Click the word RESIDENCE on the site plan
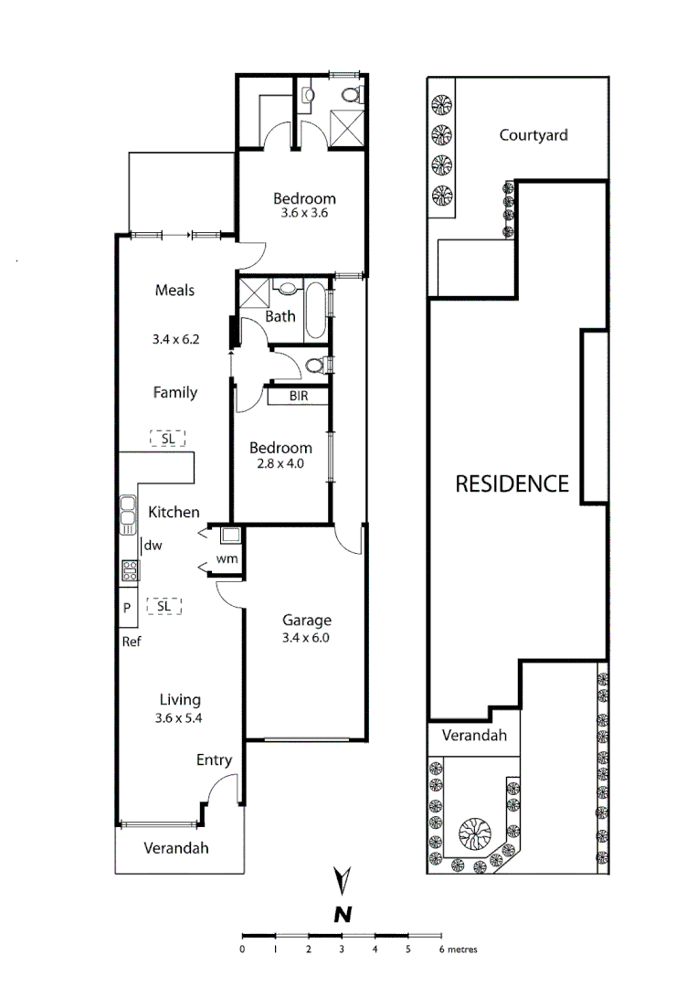coord(512,484)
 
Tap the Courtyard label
coord(533,135)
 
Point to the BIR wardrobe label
coord(298,397)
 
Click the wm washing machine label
coord(227,558)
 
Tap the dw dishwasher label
coord(153,546)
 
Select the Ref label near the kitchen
coord(132,642)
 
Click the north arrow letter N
coord(343,913)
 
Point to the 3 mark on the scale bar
coord(342,950)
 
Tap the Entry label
coord(214,760)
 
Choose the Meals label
coord(174,291)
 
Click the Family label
coord(174,393)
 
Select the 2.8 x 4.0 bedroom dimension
coord(280,463)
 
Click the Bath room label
coord(280,317)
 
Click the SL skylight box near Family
coord(168,438)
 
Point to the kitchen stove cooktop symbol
coord(130,570)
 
